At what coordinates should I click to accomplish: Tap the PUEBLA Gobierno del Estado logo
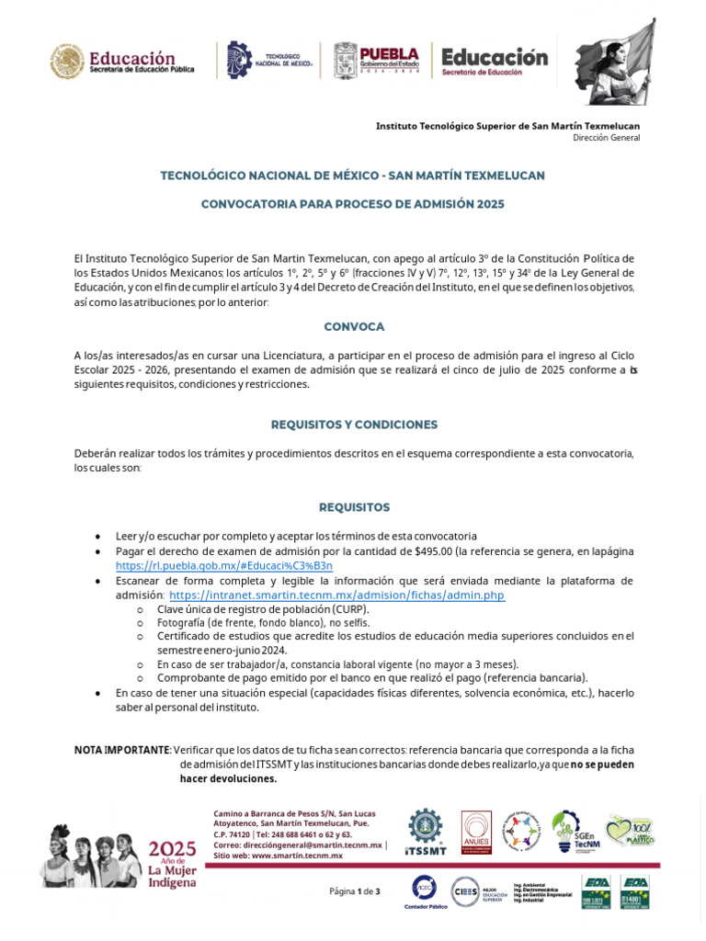click(x=376, y=60)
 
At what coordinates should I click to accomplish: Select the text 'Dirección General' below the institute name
click(x=606, y=138)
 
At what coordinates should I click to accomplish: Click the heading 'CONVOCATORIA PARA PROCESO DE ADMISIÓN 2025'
click(x=353, y=203)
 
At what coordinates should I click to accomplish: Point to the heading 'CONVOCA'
click(x=354, y=326)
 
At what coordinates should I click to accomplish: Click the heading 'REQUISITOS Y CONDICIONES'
click(x=354, y=425)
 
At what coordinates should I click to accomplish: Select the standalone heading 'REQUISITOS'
click(x=354, y=507)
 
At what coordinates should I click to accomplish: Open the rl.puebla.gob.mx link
click(x=224, y=565)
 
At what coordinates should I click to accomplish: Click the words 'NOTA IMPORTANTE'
click(x=121, y=750)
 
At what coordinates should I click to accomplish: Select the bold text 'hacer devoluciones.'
click(x=228, y=778)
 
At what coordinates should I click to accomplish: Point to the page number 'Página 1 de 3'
click(x=354, y=891)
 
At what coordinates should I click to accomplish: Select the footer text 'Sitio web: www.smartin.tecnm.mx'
click(x=278, y=855)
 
